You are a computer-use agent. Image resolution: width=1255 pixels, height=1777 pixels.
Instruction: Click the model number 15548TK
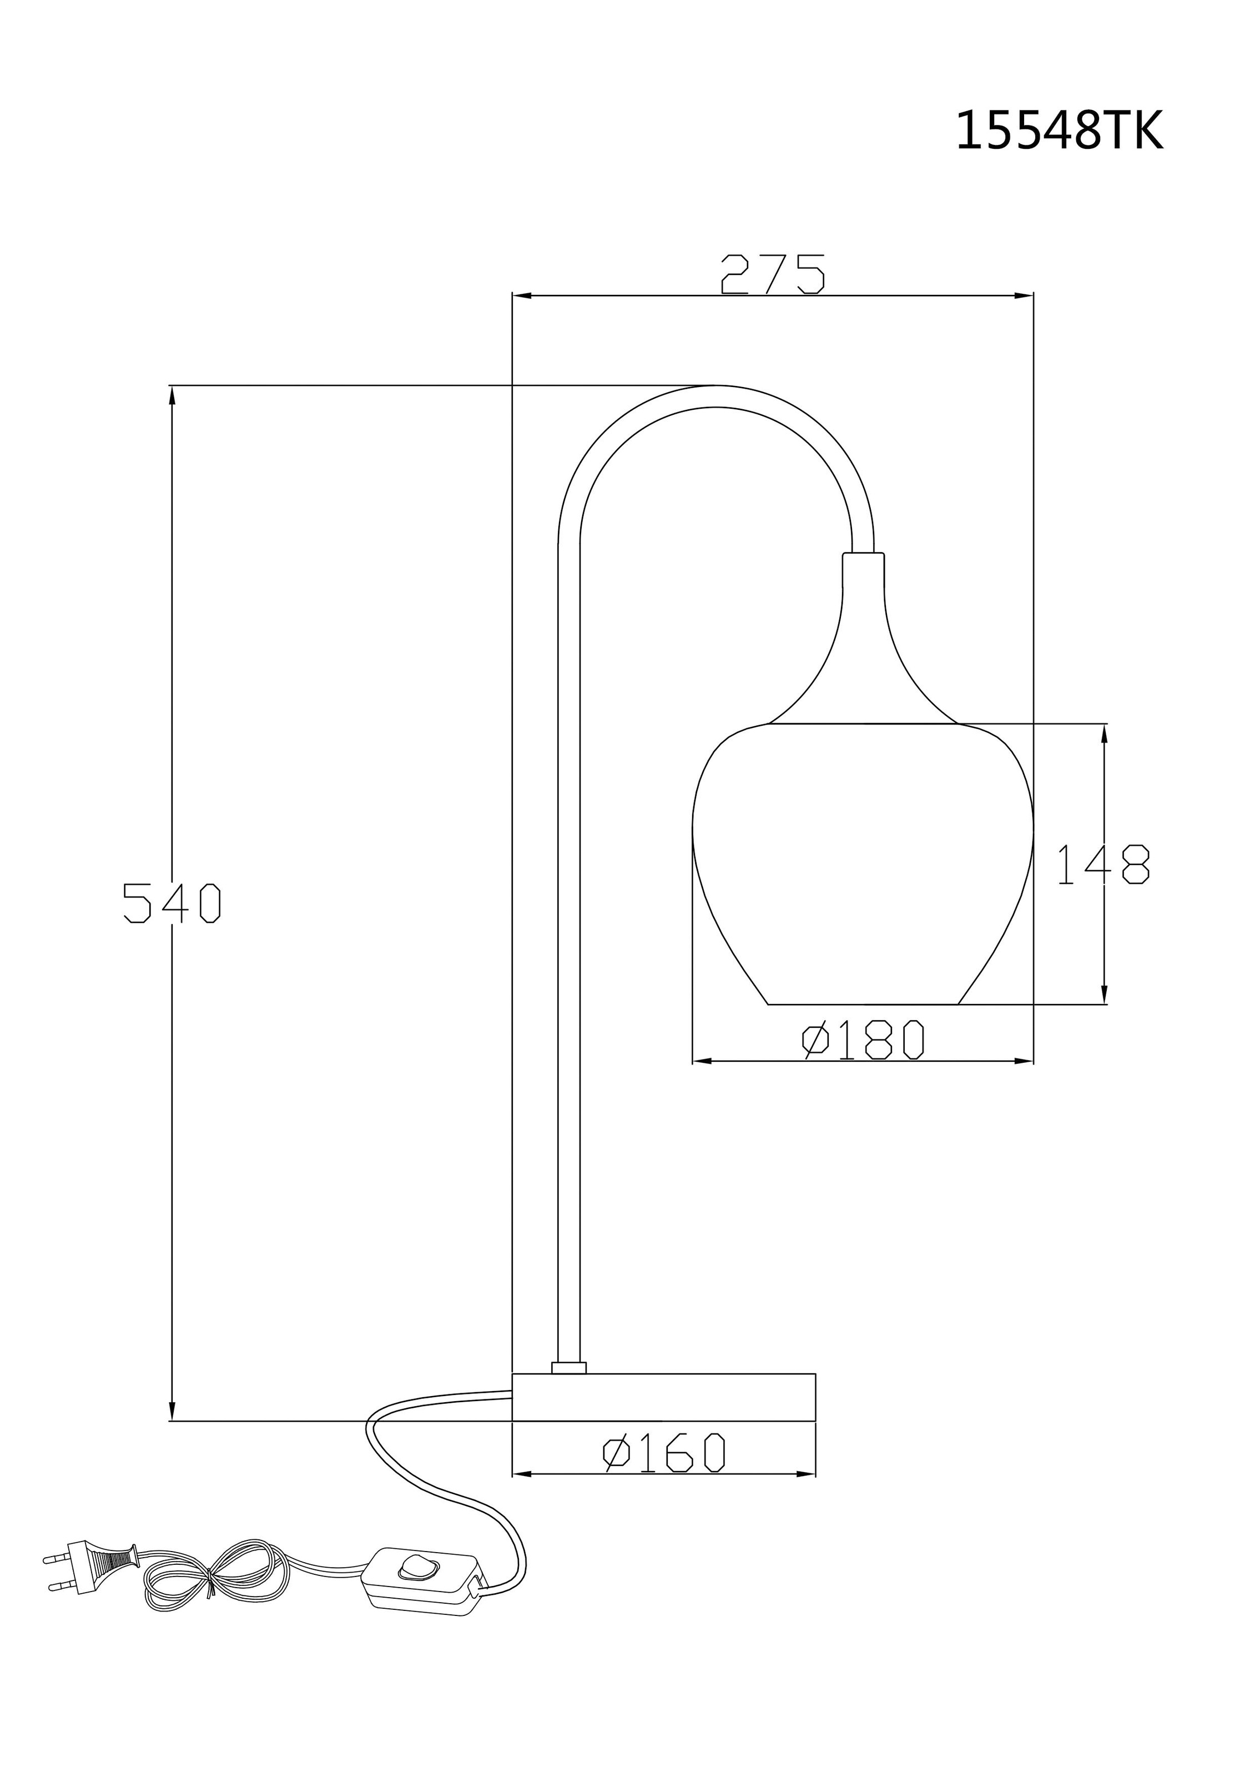point(1059,132)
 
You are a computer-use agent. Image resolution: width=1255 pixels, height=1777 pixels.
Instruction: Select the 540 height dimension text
point(173,902)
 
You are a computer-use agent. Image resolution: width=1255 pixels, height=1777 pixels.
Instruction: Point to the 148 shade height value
point(1102,865)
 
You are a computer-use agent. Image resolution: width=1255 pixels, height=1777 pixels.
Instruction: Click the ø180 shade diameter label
point(863,1041)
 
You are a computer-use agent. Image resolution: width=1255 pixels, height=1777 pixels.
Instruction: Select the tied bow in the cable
point(210,1577)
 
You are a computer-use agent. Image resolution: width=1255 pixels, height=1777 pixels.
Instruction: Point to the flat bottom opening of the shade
point(863,1005)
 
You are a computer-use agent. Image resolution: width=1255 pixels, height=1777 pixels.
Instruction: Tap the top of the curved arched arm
point(715,396)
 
